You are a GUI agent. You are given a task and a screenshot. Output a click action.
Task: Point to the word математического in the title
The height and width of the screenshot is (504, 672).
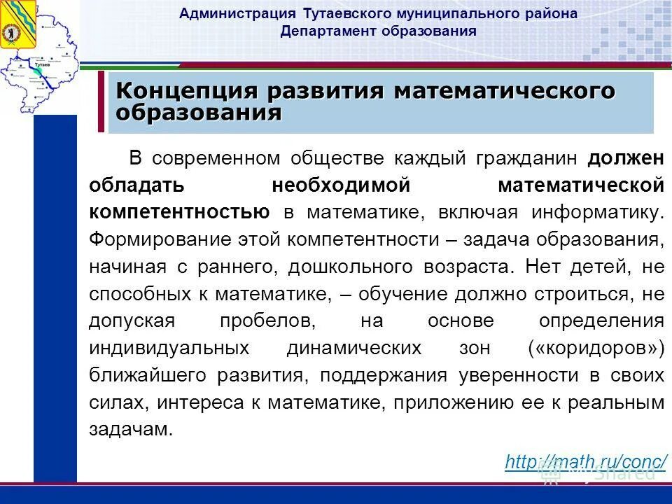503,91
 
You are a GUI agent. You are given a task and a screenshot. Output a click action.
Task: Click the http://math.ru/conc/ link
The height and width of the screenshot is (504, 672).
585,461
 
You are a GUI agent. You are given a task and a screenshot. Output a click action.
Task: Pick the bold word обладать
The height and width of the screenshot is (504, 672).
137,185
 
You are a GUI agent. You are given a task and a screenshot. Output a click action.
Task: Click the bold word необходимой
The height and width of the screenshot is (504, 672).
339,185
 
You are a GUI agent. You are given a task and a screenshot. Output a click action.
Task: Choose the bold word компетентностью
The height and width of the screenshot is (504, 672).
180,212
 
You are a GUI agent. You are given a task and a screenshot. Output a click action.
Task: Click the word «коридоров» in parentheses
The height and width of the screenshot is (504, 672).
598,348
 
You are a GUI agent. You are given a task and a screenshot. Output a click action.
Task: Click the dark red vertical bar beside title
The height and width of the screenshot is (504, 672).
100,101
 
